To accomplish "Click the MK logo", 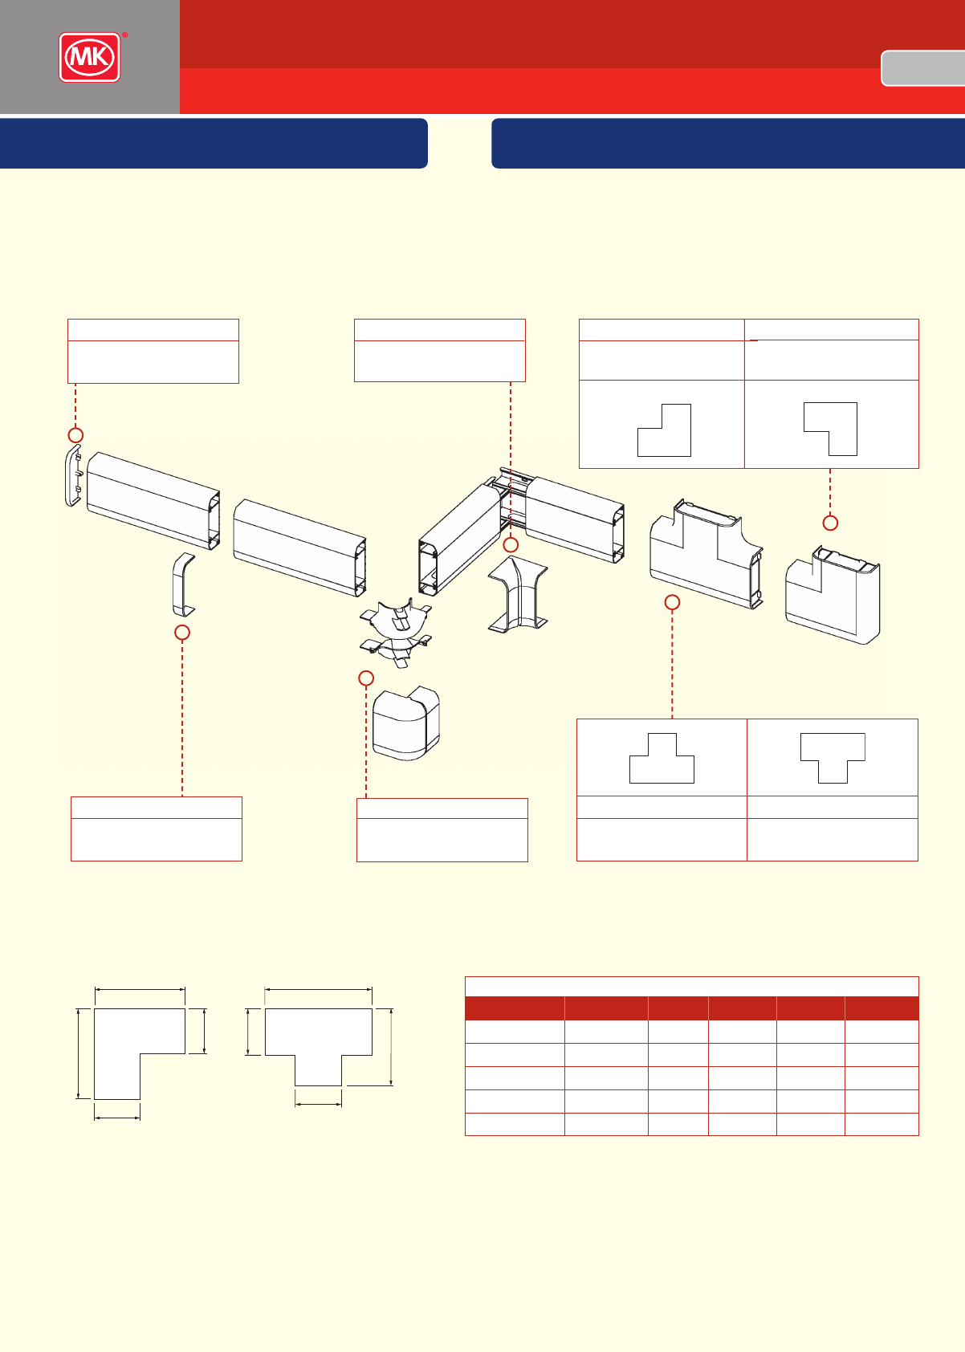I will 89,57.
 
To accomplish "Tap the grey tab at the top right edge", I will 923,68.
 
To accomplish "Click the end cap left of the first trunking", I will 73,477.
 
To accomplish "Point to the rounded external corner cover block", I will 407,723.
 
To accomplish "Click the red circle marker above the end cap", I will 75,434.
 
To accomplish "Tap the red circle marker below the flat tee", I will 673,601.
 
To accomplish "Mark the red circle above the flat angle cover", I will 830,523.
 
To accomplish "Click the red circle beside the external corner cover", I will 365,678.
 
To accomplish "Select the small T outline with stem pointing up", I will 662,759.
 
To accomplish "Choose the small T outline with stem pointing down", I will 833,758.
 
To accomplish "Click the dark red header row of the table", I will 691,1008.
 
